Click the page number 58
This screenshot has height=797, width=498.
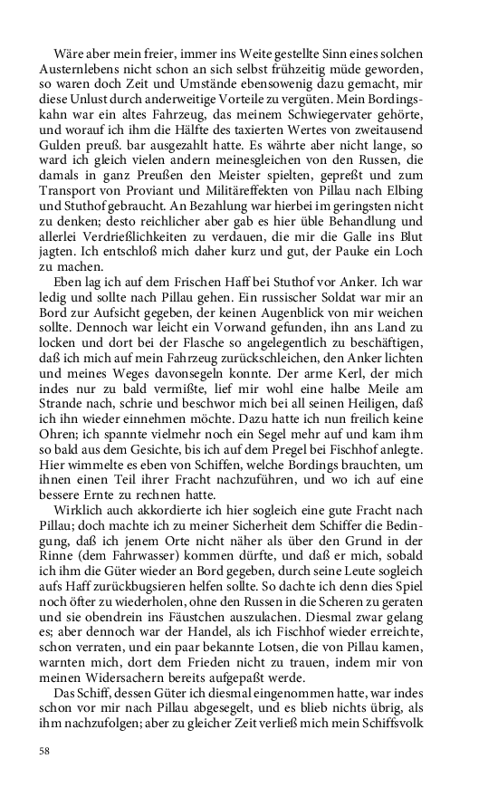[44, 751]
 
